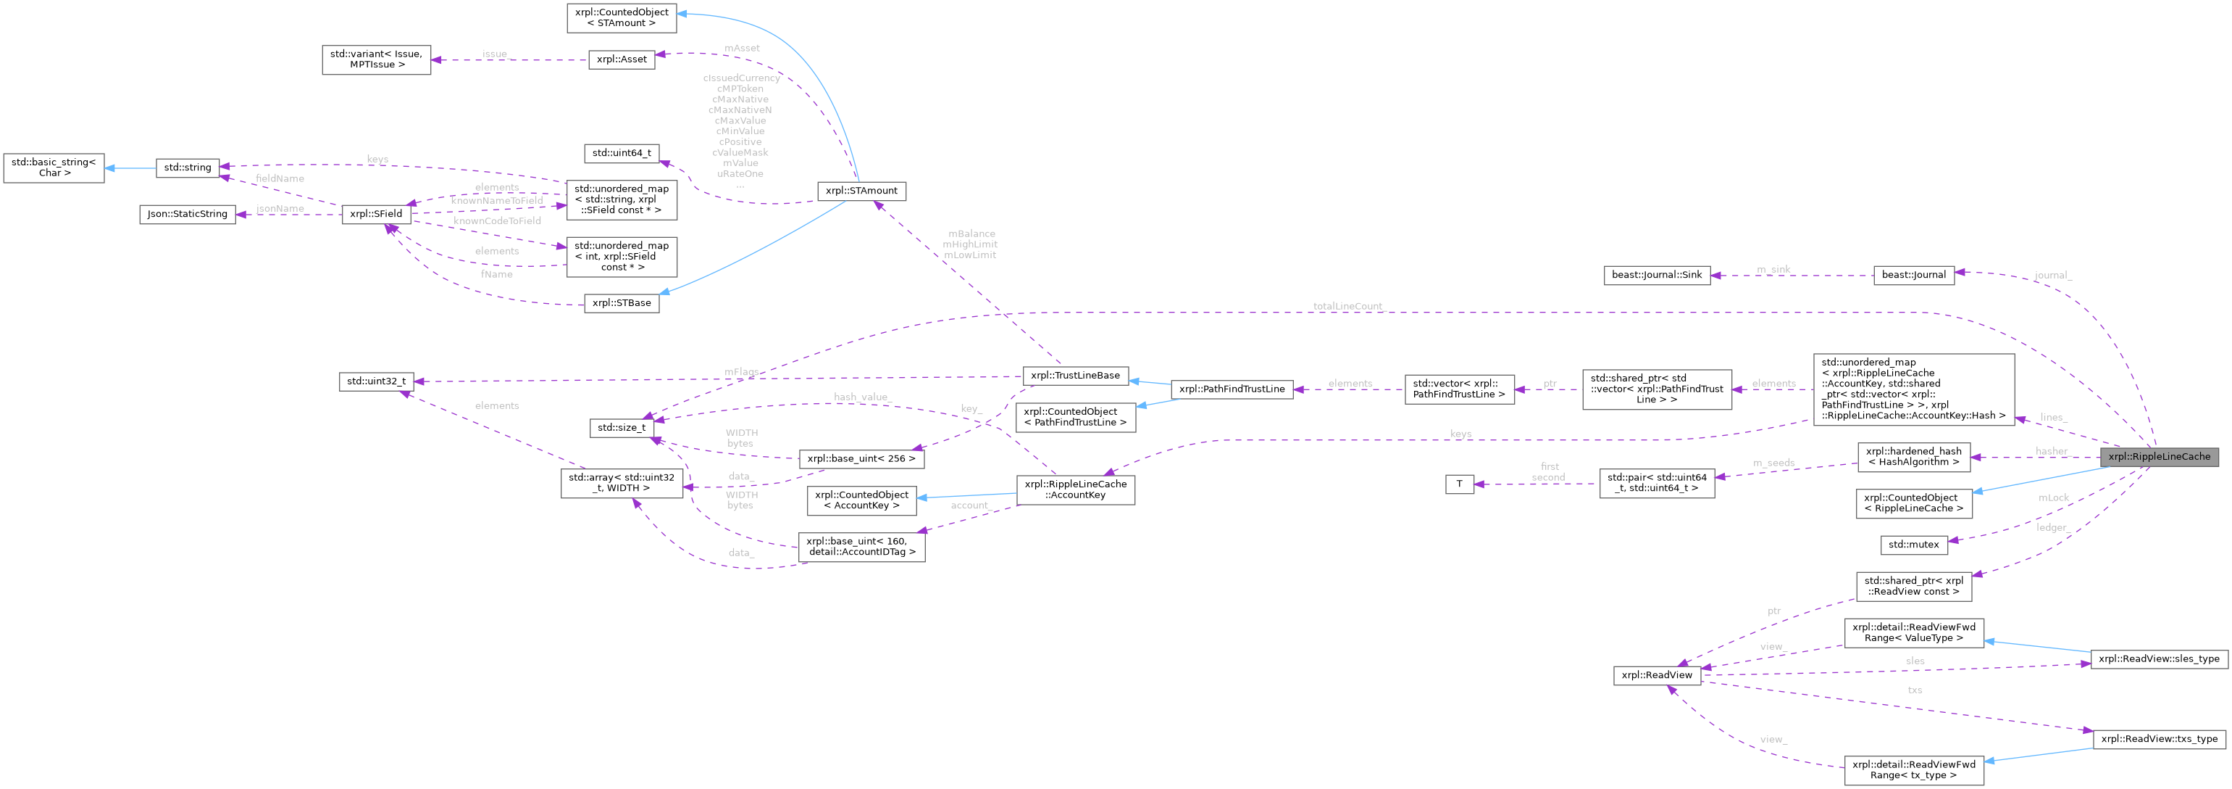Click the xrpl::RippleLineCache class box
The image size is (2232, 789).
coord(2158,456)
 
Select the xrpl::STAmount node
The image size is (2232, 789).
coord(861,191)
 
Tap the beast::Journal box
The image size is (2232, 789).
coord(1913,275)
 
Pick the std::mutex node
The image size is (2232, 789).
coord(1913,545)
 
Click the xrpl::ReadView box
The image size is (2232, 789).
coord(1657,674)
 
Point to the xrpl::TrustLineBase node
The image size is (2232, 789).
coord(1075,376)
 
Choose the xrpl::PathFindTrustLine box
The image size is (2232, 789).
coord(1232,389)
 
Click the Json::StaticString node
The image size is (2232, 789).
coord(187,213)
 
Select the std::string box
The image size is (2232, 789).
coord(187,168)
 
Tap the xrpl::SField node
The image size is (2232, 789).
coord(375,213)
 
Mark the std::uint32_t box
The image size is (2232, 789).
coord(376,381)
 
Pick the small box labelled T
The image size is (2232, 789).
coord(1459,484)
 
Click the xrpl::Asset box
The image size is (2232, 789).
coord(622,59)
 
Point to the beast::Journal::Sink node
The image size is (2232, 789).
coord(1657,275)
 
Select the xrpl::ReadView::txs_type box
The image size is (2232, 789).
coord(2158,739)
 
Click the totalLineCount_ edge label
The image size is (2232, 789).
coord(1348,306)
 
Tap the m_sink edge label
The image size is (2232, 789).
coord(1773,270)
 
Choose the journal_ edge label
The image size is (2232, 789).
coord(2052,276)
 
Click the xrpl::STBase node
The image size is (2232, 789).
coord(622,303)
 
